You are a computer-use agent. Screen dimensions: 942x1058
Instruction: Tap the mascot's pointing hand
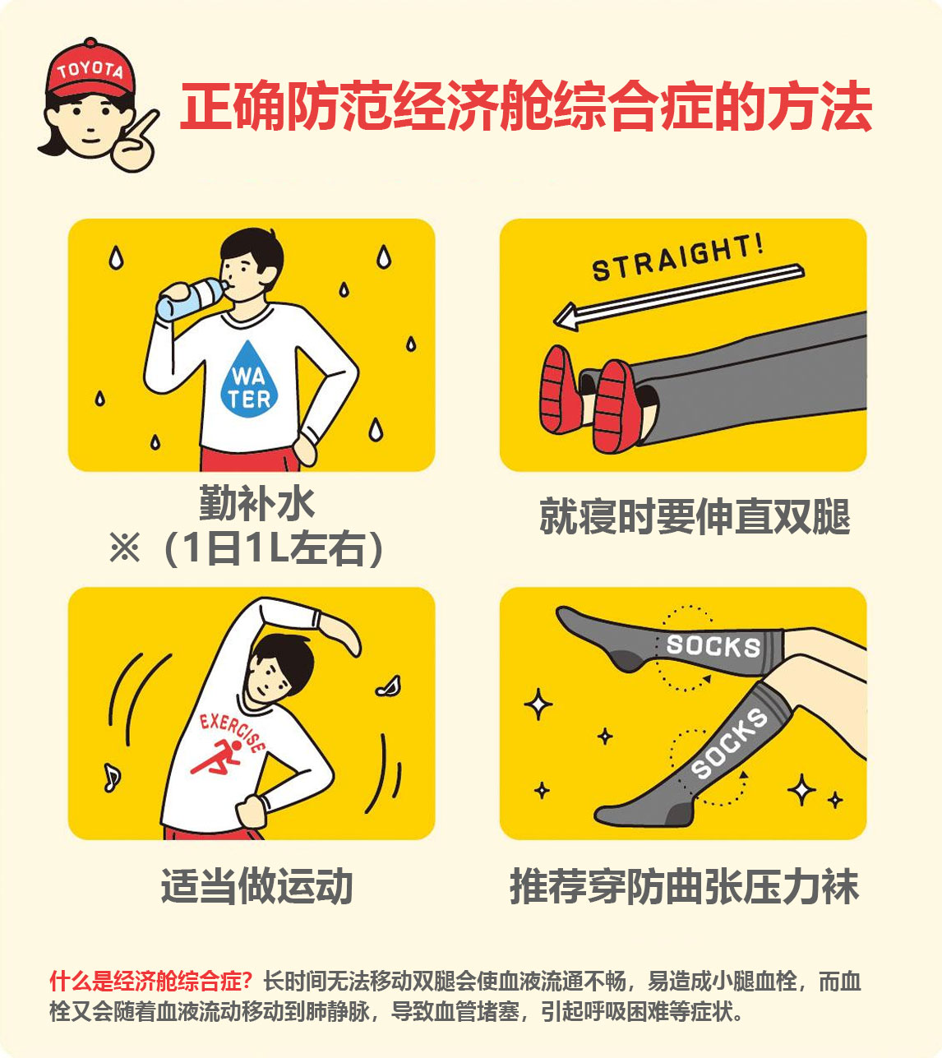(134, 144)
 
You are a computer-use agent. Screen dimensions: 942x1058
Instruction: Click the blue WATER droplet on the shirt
(249, 380)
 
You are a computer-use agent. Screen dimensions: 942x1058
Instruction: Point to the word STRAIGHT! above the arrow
(678, 257)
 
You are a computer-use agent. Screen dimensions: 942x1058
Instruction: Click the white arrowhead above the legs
(567, 316)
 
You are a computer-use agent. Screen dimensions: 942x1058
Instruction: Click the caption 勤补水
(257, 503)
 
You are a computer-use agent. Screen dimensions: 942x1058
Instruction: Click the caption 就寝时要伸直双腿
(695, 516)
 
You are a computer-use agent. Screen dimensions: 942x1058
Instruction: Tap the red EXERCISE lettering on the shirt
(233, 732)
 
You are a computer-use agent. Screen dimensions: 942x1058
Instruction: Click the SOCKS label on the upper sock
(713, 646)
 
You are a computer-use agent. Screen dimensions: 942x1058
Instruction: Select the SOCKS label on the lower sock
(729, 744)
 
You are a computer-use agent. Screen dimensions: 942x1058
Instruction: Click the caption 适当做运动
(257, 886)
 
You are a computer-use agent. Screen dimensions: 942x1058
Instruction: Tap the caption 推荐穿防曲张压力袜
(685, 886)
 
